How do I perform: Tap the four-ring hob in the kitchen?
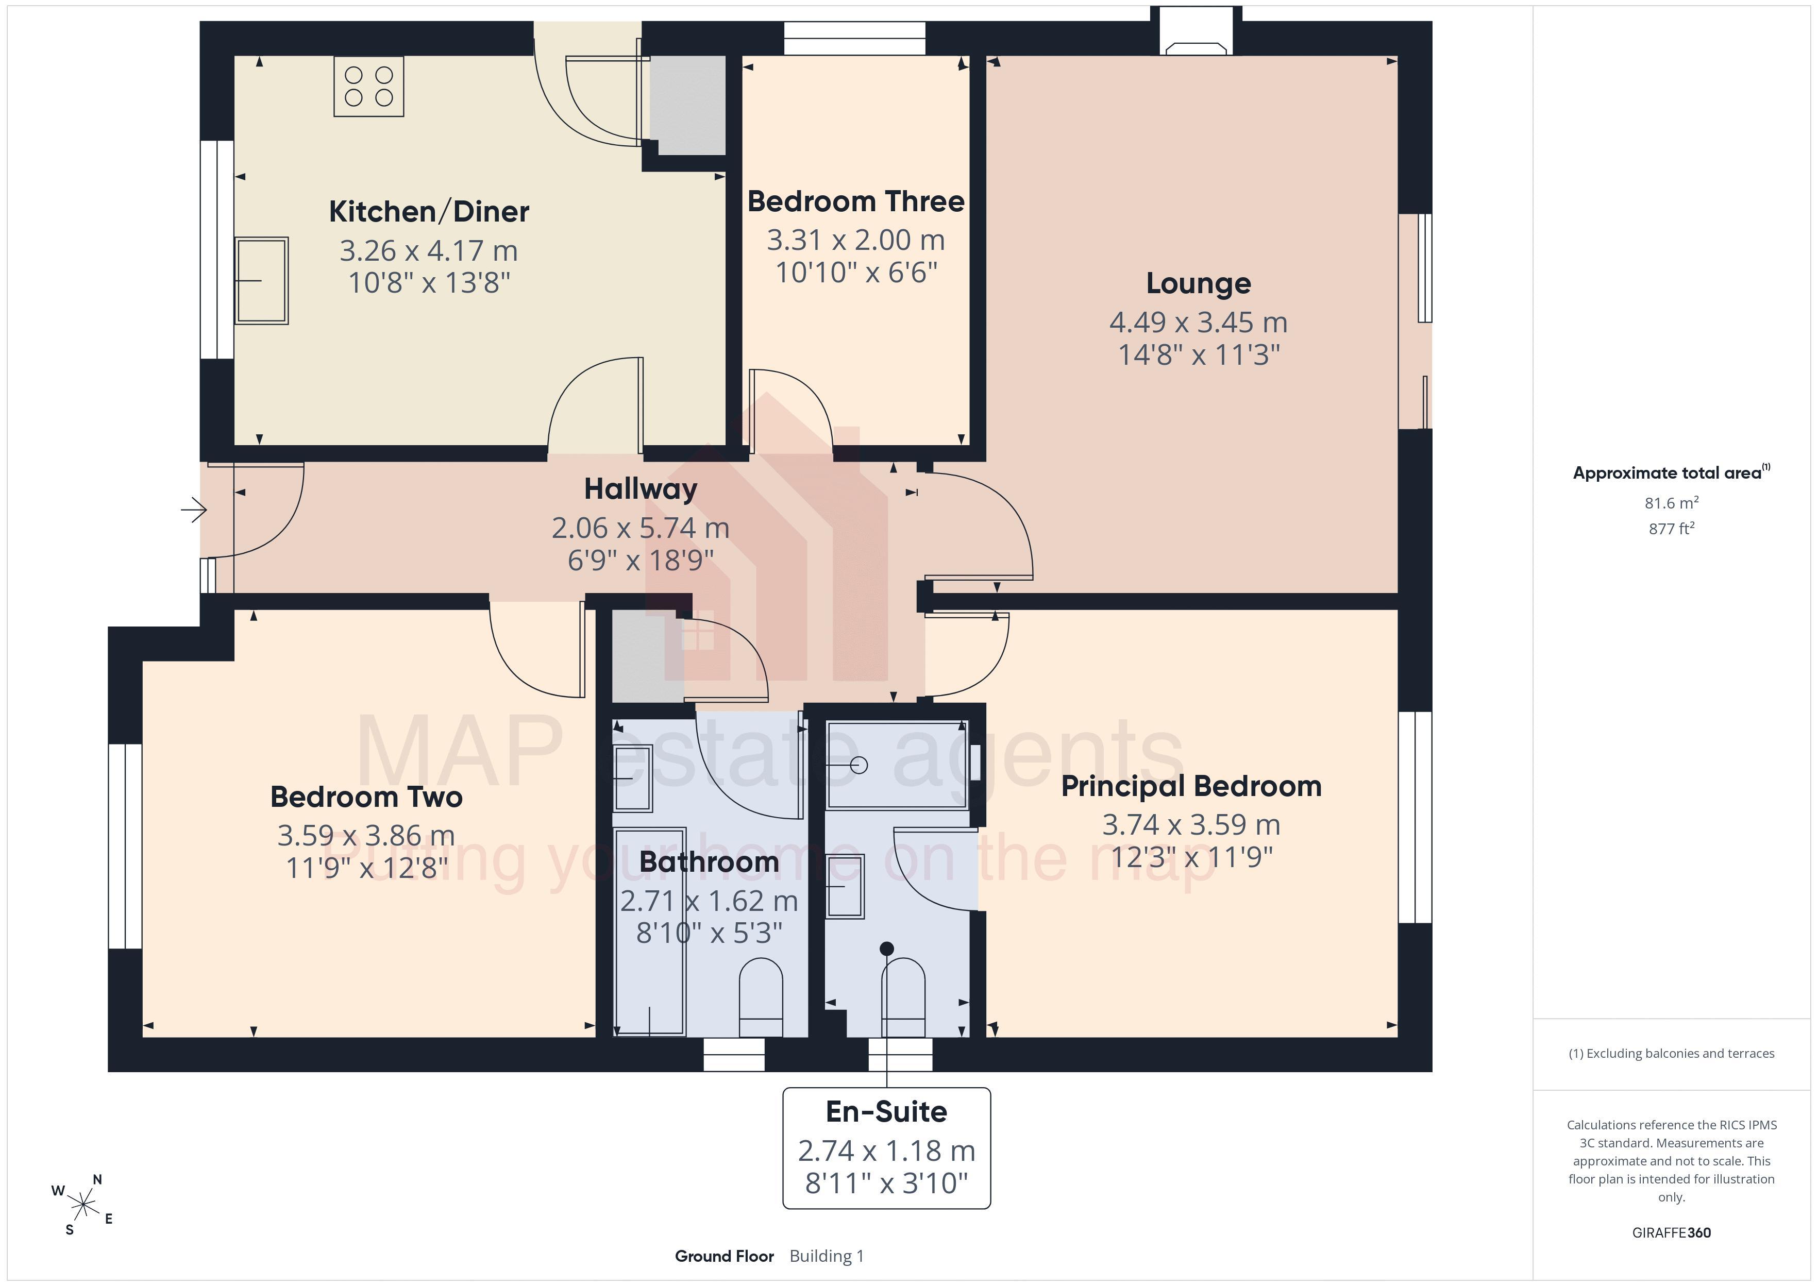pos(369,87)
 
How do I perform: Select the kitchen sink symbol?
pos(261,280)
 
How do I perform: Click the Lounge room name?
pos(1199,283)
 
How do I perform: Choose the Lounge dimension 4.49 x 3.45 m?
pos(1199,323)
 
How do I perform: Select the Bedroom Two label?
pos(366,797)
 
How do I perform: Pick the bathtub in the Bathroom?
pos(649,931)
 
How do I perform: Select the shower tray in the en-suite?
pos(897,765)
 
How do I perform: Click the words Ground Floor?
pos(725,1256)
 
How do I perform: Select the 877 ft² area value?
pos(1672,528)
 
